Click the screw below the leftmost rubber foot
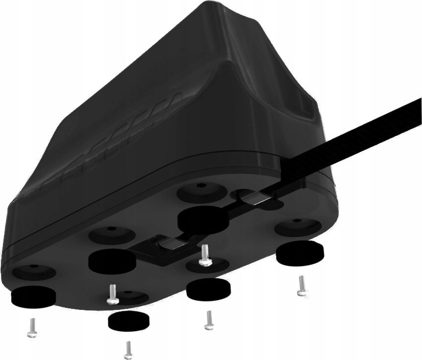pos(31,327)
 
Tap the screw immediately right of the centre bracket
pos(203,254)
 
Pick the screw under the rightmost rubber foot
pos(300,286)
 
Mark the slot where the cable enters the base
pos(258,197)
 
